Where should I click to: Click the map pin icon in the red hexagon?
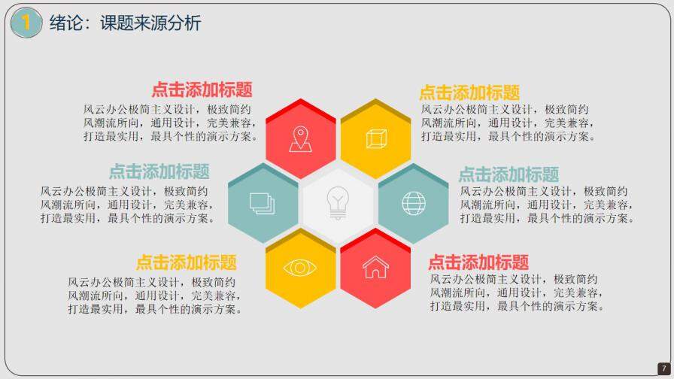[300, 139]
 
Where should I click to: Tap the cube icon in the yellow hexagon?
[375, 139]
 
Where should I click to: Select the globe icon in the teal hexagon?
[413, 203]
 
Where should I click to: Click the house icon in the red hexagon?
[375, 267]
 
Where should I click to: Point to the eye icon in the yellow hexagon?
[300, 268]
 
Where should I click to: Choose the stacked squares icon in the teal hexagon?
[262, 203]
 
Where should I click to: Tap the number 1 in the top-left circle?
[26, 23]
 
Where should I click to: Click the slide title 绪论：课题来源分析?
[126, 23]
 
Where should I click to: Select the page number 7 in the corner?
[663, 368]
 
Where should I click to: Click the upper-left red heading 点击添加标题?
[202, 89]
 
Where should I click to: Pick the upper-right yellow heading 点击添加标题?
[469, 92]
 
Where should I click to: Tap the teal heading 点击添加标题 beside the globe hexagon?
[509, 174]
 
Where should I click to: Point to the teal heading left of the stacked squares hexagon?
[159, 171]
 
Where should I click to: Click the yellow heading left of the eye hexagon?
[186, 262]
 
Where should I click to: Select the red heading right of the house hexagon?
[478, 262]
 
